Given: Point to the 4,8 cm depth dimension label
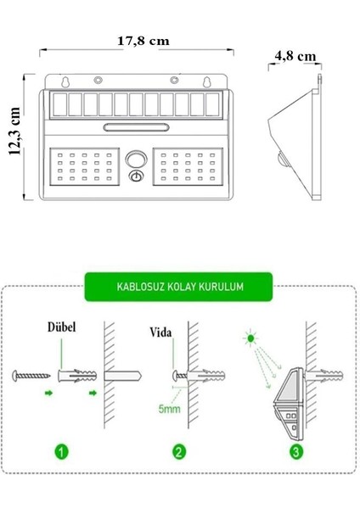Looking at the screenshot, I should pos(295,56).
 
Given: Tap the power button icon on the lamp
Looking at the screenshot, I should pos(136,176).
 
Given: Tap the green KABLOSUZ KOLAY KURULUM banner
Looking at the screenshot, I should pos(179,287).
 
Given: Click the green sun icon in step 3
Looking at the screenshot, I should pos(250,339).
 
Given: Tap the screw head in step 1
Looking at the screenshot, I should pos(20,373).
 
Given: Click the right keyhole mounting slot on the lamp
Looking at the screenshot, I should pos(205,83).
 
